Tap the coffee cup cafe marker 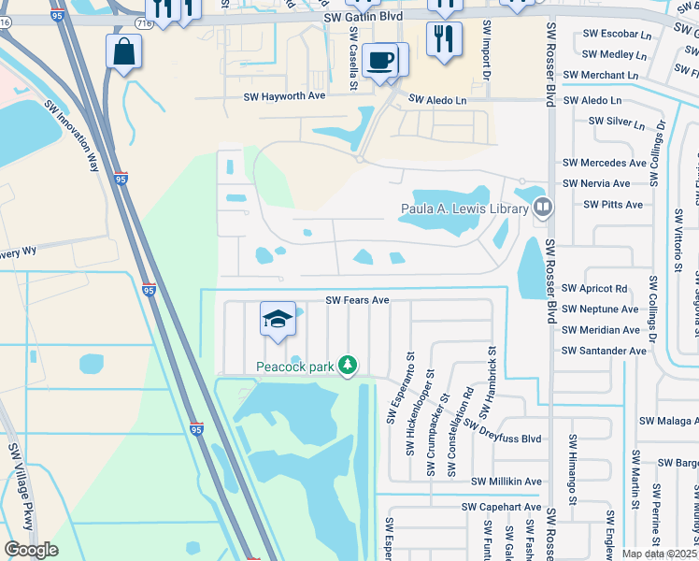coord(379,61)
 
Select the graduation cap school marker coord(278,320)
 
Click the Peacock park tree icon coord(348,364)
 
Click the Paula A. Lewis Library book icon coord(542,206)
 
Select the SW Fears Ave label coord(356,301)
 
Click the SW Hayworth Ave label coord(284,96)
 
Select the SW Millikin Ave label coord(506,482)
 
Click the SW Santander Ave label coord(604,351)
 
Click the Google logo coord(31,550)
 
